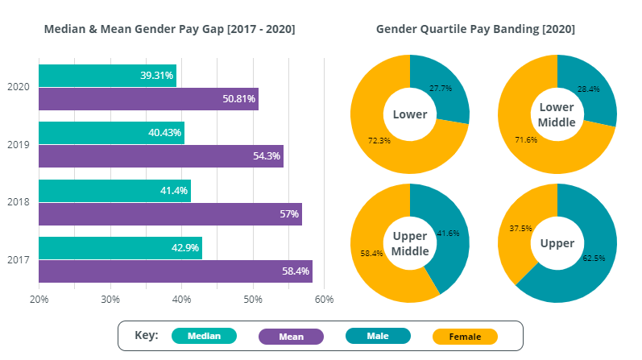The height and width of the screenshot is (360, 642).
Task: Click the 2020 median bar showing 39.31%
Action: [x=107, y=76]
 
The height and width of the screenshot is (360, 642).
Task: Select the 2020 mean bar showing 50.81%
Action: [x=148, y=99]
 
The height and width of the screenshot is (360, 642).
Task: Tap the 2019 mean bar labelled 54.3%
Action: [x=161, y=156]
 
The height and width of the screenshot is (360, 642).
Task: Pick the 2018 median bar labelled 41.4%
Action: [x=114, y=191]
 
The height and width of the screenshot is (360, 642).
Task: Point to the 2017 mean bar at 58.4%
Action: [x=176, y=271]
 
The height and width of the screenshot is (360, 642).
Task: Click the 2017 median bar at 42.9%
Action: [x=120, y=248]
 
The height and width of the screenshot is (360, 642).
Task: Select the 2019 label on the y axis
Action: [x=18, y=145]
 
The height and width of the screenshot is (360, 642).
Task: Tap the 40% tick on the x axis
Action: [x=181, y=300]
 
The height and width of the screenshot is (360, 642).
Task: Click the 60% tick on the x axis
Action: [x=324, y=300]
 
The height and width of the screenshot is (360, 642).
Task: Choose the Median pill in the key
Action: [x=204, y=336]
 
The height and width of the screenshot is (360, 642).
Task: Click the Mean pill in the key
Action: [x=291, y=336]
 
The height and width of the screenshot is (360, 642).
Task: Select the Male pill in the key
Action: [x=378, y=336]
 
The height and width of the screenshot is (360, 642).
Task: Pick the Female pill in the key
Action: [x=465, y=336]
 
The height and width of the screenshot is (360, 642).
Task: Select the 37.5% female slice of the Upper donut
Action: [x=516, y=230]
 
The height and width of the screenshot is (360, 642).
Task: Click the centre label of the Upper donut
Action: [x=557, y=243]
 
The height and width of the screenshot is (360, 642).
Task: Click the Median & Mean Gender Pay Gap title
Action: [x=169, y=29]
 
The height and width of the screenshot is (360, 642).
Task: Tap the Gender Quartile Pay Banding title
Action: [x=475, y=29]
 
